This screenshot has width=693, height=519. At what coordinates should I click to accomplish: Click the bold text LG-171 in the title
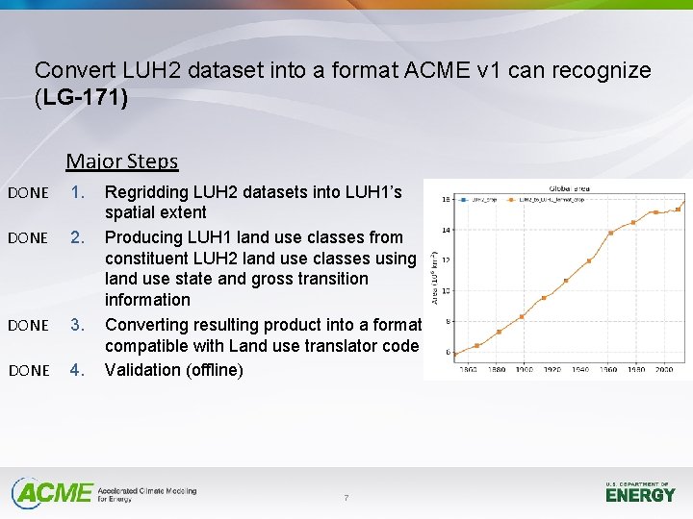83,98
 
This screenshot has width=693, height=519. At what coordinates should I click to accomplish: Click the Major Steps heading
122,161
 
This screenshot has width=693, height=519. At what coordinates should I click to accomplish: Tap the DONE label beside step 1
27,193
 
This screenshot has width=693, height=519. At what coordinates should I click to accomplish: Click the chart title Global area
569,189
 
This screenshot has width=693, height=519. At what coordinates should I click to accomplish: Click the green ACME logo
53,493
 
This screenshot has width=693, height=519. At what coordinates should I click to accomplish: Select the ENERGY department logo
640,493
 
